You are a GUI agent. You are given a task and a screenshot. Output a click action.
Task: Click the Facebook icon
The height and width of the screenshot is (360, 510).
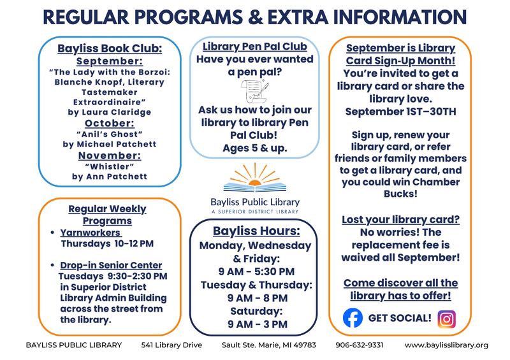[x=353, y=318]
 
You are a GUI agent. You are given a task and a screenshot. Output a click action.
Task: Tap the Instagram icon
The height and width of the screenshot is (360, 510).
[x=447, y=319]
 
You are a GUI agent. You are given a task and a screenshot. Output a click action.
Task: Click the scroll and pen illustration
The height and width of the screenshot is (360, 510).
[x=255, y=91]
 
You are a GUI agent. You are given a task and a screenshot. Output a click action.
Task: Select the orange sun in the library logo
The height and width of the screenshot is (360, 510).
[x=254, y=183]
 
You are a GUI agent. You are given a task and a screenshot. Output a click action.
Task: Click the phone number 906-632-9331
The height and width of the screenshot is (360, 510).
[x=360, y=345]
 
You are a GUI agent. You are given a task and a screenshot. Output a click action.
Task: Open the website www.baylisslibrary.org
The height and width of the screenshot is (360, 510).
[x=446, y=345]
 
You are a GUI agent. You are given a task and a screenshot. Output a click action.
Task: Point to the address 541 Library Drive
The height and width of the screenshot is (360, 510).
[x=171, y=345]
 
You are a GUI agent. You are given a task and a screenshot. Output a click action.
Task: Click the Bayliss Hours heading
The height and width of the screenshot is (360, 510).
[x=256, y=231]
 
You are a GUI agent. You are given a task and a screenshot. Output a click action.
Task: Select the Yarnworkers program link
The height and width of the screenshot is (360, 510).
[x=91, y=233]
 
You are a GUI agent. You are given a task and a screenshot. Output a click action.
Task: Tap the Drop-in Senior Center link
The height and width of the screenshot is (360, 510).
[x=111, y=265]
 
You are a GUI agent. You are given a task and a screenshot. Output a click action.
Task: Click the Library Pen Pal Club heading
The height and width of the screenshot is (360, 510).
[x=254, y=46]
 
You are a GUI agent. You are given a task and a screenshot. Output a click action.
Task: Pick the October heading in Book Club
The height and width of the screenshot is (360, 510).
[x=110, y=123]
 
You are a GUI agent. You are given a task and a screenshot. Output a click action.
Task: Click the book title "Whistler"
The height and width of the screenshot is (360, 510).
[x=110, y=166]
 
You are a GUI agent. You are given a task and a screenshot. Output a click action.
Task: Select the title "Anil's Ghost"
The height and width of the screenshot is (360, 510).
[x=110, y=134]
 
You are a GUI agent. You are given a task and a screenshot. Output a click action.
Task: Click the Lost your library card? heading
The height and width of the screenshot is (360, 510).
[x=400, y=220]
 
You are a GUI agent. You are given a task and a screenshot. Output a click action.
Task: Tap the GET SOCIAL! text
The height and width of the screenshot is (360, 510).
[x=400, y=318]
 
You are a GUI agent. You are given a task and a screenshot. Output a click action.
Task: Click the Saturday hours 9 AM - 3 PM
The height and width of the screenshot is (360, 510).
[x=258, y=324]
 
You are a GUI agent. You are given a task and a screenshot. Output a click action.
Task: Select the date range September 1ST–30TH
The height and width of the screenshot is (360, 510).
[x=400, y=112]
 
